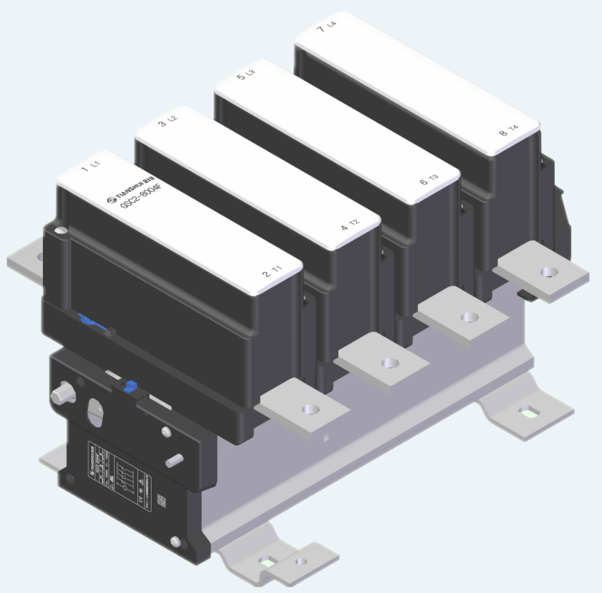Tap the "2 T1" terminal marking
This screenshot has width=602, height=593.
pos(272,273)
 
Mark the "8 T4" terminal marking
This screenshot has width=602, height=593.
pos(508,131)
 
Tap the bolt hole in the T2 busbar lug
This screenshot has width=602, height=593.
pos(389,363)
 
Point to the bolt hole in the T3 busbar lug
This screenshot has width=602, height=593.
pos(468,317)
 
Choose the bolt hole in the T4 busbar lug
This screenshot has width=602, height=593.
pos(548,271)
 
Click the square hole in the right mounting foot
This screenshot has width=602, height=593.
pos(529,412)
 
